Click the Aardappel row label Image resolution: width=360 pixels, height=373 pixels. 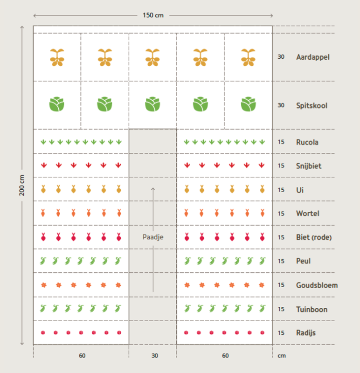312,57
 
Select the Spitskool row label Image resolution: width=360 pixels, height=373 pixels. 312,105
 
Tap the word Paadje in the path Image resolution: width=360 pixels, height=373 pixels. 153,237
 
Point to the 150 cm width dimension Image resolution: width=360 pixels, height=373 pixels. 153,15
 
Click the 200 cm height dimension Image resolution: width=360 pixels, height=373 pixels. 22,185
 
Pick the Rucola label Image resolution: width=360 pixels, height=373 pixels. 307,142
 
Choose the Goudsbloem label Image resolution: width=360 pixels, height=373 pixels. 317,285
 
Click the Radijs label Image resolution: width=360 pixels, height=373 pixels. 306,333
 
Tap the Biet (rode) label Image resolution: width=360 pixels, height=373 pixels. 314,237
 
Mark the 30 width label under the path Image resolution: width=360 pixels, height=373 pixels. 155,356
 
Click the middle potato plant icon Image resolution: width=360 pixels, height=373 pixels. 152,57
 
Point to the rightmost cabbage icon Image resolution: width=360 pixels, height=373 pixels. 248,104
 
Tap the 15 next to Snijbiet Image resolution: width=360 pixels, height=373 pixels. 281,166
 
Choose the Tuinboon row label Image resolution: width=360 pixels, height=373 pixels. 312,309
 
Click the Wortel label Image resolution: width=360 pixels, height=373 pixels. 307,214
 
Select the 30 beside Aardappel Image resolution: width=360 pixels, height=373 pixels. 281,57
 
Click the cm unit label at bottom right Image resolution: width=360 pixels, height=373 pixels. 281,356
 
